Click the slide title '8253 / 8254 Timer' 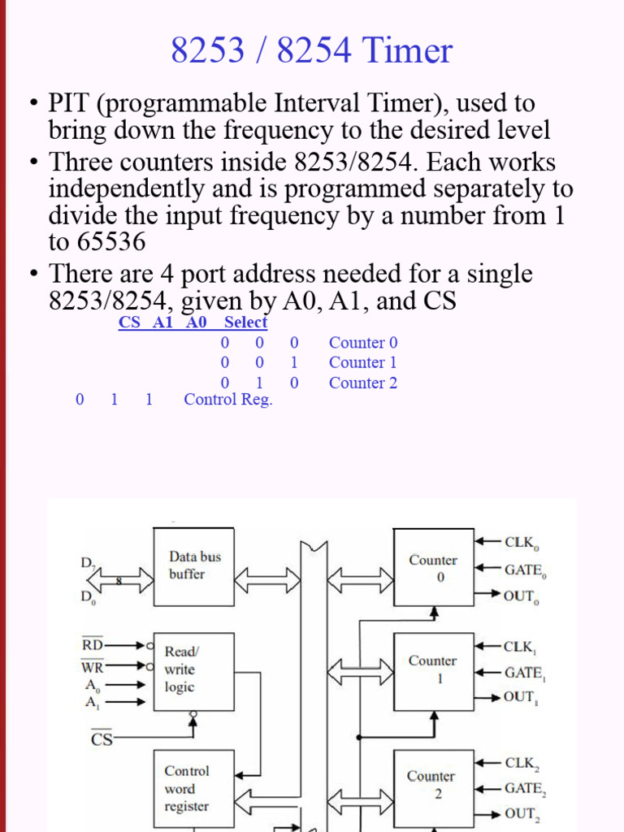coord(311,51)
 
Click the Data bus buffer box coord(194,565)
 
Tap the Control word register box coord(194,788)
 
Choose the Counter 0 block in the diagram coord(433,568)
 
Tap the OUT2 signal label coord(522,813)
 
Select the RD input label coord(93,645)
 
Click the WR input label coord(93,667)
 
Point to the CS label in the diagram coord(102,739)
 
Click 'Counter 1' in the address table coord(363,362)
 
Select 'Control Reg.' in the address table coord(228,399)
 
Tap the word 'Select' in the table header coord(245,323)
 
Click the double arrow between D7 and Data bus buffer coord(119,580)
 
